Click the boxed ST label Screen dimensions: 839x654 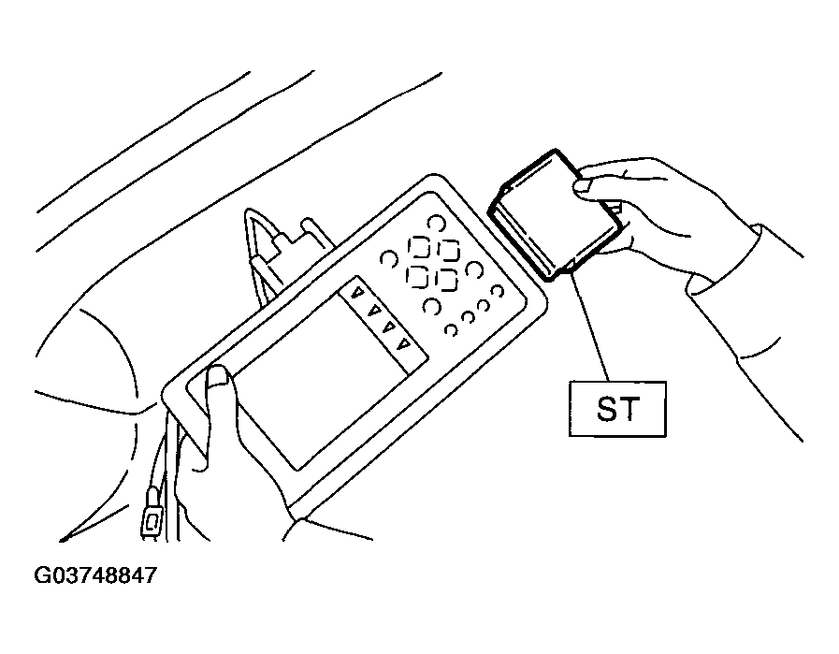(617, 409)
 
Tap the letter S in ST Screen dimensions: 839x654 (607, 409)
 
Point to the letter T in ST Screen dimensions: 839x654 (629, 409)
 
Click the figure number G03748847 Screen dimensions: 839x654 (95, 575)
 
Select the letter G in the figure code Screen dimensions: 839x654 (41, 575)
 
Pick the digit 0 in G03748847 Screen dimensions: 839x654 (55, 575)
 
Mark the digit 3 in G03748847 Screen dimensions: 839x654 (68, 575)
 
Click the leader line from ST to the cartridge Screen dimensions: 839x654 (591, 327)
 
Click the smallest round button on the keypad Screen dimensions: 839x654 (451, 329)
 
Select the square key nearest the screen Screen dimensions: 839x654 (417, 276)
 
